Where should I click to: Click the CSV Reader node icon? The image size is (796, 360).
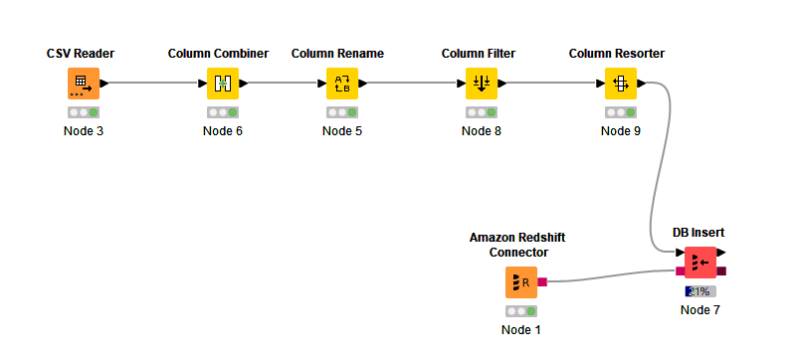84,84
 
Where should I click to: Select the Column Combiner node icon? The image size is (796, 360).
223,84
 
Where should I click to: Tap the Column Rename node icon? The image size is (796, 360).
342,84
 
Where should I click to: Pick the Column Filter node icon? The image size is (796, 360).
482,84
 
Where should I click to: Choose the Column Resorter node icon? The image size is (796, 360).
621,84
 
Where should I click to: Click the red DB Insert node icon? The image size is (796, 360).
700,263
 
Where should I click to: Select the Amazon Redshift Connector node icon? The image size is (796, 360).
521,282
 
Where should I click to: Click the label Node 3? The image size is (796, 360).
84,130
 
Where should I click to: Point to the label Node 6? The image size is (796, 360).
223,130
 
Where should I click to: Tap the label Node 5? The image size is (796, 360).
342,130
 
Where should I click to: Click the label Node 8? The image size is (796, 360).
482,130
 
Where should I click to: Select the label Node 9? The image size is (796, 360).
621,130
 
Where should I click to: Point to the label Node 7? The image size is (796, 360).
700,309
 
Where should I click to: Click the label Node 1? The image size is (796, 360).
521,329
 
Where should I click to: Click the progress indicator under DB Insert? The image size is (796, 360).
700,291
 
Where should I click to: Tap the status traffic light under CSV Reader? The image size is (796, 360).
84,112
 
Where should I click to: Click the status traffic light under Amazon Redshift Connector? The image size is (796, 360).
521,311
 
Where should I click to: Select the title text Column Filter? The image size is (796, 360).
479,53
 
